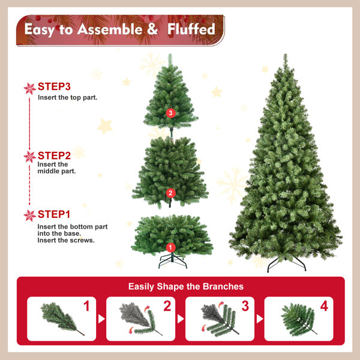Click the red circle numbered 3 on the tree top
170,113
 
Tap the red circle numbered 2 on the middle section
170,193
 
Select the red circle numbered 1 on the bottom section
170,247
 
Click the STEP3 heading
54,86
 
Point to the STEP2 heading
54,155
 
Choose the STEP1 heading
54,214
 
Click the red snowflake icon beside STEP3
30,89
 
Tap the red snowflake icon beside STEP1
30,215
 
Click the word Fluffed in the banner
191,29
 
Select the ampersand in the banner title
152,29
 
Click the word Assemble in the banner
110,29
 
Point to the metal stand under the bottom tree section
173,261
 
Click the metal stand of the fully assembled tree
287,265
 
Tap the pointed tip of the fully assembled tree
286,54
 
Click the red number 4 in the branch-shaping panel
324,306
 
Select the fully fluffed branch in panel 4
298,319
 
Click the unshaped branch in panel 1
62,319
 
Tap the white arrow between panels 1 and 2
101,319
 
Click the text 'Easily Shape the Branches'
186,287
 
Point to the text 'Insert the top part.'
67,97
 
